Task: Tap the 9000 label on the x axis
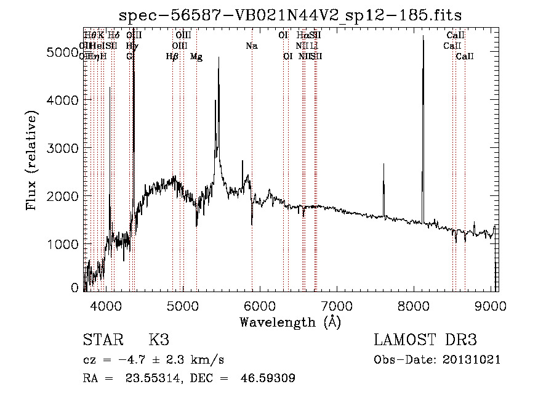click(491, 306)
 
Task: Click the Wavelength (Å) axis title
click(290, 322)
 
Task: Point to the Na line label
click(251, 46)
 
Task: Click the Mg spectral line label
click(196, 57)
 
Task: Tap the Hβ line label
click(172, 57)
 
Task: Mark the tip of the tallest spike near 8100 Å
click(423, 36)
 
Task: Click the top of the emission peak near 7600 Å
click(383, 164)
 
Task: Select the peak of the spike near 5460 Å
click(219, 67)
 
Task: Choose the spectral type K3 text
click(159, 340)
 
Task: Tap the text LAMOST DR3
click(425, 340)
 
